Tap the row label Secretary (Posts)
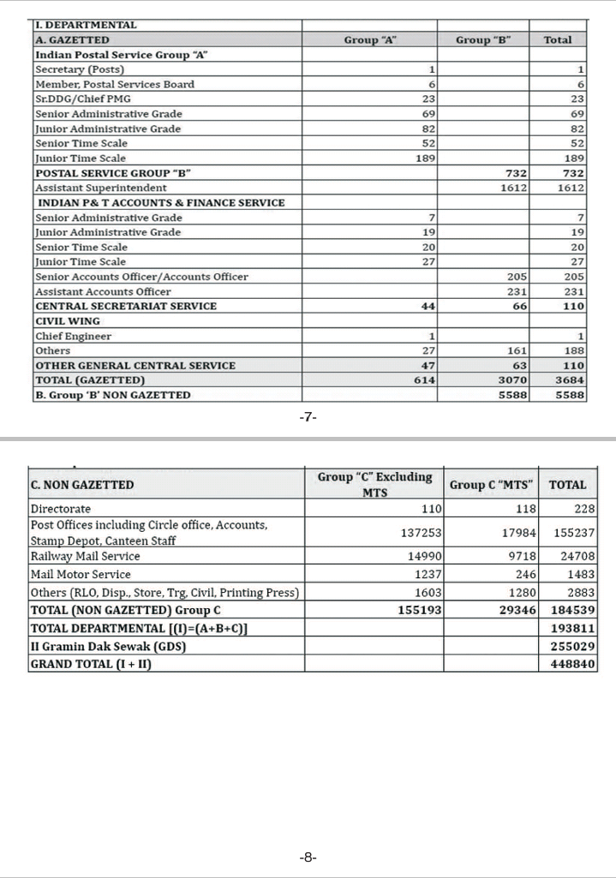pyautogui.click(x=79, y=69)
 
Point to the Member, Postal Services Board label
pyautogui.click(x=114, y=84)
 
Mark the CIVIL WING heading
pyautogui.click(x=67, y=321)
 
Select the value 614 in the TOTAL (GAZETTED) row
pyautogui.click(x=425, y=380)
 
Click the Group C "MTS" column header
pyautogui.click(x=491, y=485)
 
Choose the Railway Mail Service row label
pyautogui.click(x=85, y=556)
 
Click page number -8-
pyautogui.click(x=308, y=857)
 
